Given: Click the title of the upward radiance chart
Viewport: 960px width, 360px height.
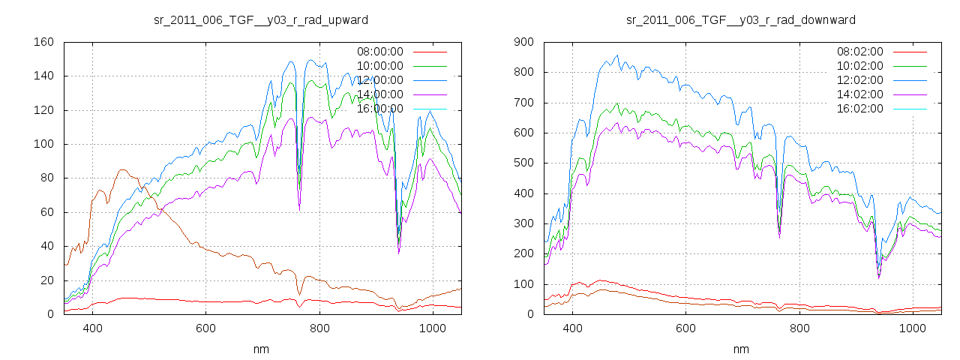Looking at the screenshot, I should coord(260,19).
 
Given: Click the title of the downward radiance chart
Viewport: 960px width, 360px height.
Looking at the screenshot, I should coord(741,19).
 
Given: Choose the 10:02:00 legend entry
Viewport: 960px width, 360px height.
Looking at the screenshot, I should coord(859,66).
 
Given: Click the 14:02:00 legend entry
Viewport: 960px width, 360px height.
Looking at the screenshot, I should coord(859,94).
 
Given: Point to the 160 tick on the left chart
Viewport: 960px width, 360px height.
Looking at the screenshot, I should coord(43,42).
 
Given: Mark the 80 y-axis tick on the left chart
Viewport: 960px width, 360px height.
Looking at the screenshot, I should coord(46,178).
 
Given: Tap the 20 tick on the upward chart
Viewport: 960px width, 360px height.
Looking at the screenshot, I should coord(46,280).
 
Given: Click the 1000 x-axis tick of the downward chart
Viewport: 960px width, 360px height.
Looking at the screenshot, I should coord(912,328).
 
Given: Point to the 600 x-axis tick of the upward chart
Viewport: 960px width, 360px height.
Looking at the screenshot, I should coord(205,328).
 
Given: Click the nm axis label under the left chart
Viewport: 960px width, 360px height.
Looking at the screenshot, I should coord(260,349).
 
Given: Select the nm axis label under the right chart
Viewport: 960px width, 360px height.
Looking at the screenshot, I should coord(741,349).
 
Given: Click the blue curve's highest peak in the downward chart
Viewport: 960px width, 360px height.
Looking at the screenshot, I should coord(616,55).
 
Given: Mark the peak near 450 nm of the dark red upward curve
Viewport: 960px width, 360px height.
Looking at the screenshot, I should coord(121,169).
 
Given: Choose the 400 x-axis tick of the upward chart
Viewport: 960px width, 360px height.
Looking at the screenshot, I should coord(92,328).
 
